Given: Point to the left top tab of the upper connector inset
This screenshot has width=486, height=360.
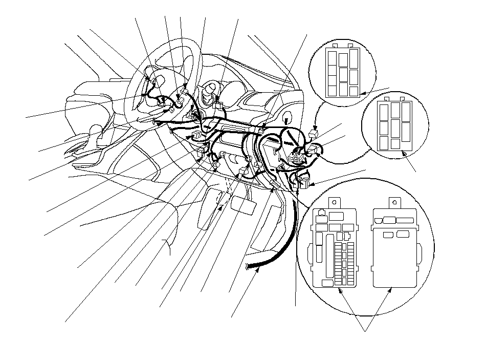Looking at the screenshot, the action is [334, 46].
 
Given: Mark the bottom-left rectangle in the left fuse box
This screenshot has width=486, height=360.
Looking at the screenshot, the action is [327, 282].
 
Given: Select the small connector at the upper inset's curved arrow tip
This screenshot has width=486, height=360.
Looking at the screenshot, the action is [314, 135].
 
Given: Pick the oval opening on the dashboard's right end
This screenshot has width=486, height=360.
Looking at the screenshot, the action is [286, 116].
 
